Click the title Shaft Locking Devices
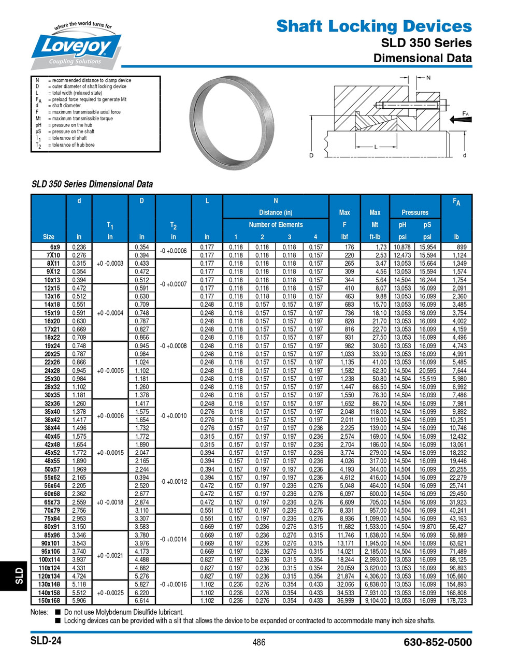tap(373, 26)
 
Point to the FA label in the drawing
tap(465, 113)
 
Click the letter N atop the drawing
tap(428, 78)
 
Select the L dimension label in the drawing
tap(376, 147)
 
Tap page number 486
tap(259, 642)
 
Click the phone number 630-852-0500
tap(437, 642)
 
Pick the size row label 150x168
tap(49, 601)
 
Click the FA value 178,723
tap(456, 601)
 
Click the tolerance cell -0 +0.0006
tap(173, 251)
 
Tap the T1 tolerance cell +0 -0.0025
tap(110, 593)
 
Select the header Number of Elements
tap(276, 225)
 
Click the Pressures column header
tap(415, 212)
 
